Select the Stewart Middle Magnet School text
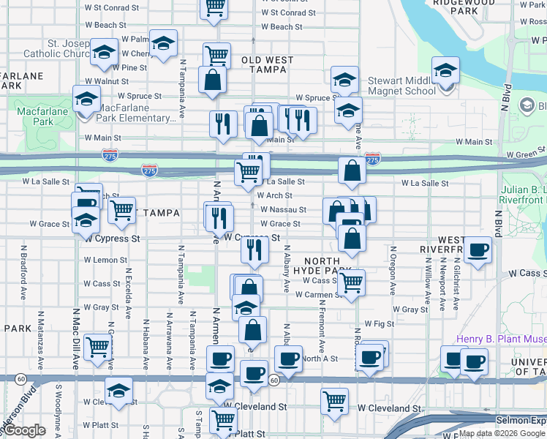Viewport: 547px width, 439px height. [402, 84]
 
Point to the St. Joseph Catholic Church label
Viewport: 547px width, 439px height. [57, 48]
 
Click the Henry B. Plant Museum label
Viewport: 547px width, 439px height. [501, 339]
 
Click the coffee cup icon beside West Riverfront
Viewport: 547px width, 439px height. [478, 250]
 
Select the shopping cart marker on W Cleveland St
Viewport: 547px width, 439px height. [334, 400]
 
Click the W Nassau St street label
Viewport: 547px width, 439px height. [282, 209]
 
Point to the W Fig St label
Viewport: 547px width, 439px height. [380, 323]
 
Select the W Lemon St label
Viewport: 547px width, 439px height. [107, 260]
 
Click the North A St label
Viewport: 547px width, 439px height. [320, 359]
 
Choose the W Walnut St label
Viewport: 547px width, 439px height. [107, 81]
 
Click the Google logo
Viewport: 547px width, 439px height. [26, 430]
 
